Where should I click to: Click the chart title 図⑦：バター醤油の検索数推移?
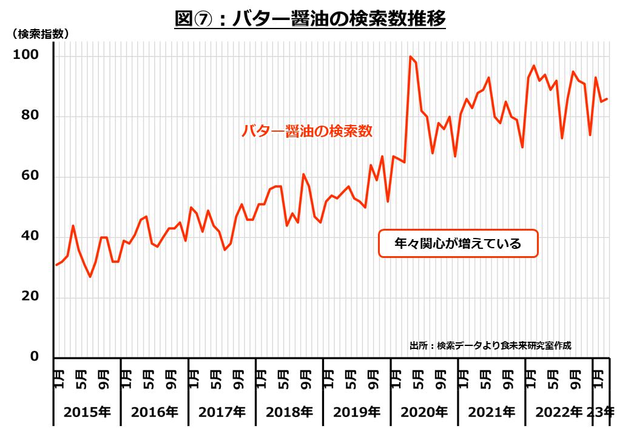310,19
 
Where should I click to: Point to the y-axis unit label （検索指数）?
40,35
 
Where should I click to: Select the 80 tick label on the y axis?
31,116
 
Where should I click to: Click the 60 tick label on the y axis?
31,177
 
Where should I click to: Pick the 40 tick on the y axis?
31,237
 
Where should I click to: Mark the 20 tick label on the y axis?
31,297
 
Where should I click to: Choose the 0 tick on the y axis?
35,356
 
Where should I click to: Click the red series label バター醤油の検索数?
307,130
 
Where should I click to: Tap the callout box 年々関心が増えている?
458,243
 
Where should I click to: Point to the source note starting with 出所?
490,345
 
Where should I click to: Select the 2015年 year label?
87,412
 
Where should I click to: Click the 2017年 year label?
222,412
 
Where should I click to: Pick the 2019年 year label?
357,412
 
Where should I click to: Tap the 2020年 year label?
424,412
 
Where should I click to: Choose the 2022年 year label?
559,412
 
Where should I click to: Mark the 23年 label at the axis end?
601,412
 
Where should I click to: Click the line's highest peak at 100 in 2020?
411,56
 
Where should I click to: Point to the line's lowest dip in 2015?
90,277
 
